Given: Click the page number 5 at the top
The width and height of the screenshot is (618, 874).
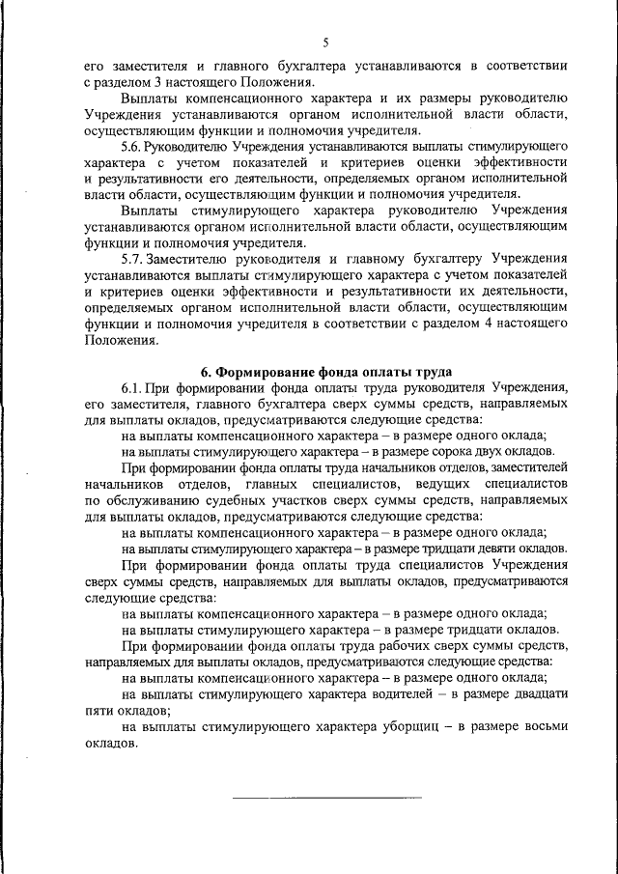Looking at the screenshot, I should (325, 42).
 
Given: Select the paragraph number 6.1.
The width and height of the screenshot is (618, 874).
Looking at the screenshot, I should (135, 388).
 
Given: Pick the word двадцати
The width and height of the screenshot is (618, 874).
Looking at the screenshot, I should (536, 694).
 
